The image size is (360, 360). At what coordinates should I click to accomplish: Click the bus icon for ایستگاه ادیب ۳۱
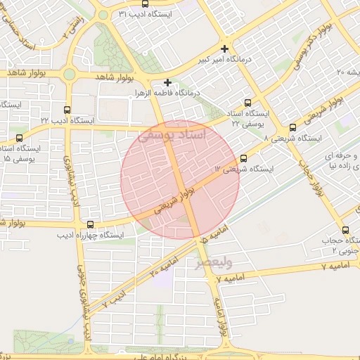click(145, 4)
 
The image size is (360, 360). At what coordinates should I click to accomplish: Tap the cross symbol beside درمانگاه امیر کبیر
click(224, 49)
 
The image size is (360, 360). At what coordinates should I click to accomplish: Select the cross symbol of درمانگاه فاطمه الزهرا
click(167, 82)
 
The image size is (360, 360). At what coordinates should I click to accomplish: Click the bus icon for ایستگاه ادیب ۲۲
click(67, 110)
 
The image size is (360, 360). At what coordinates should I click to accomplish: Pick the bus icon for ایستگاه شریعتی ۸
click(292, 127)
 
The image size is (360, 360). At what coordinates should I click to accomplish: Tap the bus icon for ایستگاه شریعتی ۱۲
click(243, 158)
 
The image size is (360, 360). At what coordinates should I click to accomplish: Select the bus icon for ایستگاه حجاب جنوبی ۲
click(345, 230)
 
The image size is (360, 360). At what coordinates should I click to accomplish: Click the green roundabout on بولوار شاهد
click(68, 75)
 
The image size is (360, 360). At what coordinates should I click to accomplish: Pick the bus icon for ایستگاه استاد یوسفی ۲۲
click(247, 102)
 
